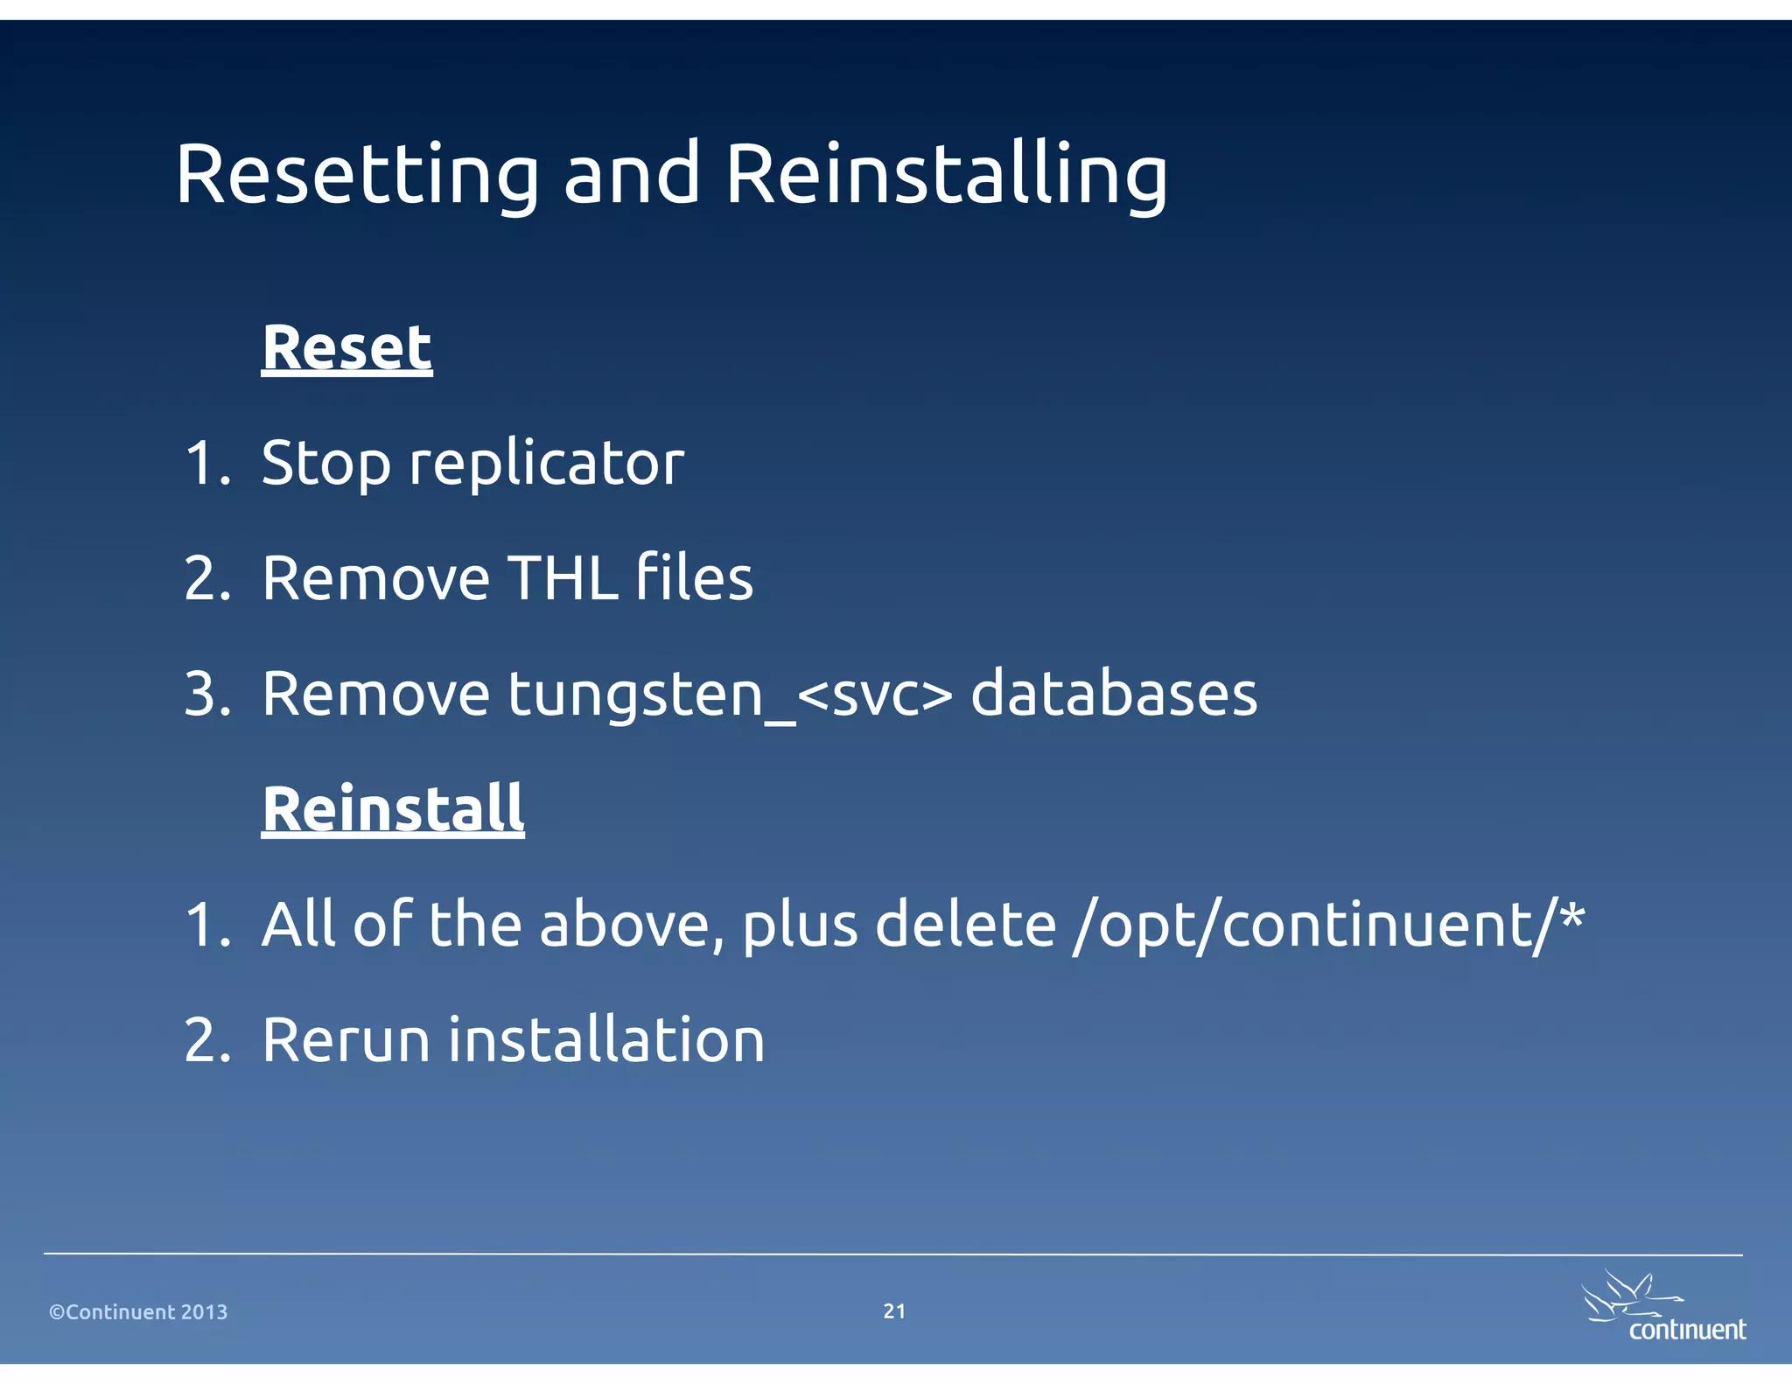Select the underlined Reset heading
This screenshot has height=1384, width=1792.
346,348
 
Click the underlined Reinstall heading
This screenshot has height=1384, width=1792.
393,808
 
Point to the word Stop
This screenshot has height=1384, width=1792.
325,464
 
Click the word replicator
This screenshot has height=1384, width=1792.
547,464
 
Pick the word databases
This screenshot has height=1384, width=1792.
1114,695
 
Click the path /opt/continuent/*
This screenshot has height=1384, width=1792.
1328,926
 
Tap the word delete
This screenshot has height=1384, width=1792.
965,926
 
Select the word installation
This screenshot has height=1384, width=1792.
606,1041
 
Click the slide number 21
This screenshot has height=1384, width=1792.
894,1311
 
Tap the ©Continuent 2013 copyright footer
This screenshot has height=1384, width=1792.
138,1312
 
